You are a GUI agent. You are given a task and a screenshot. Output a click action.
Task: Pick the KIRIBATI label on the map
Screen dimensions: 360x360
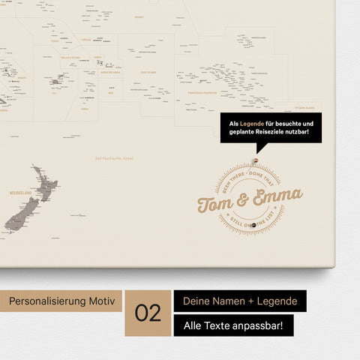pyautogui.click(x=139, y=16)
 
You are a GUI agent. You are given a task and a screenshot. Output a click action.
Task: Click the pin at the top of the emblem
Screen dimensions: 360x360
pyautogui.click(x=255, y=161)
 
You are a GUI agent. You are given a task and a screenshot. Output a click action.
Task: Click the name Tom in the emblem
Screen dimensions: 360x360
pyautogui.click(x=216, y=201)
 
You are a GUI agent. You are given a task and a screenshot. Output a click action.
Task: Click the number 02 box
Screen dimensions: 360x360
pyautogui.click(x=148, y=312)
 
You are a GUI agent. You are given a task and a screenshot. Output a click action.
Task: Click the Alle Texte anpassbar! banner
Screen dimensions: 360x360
pyautogui.click(x=233, y=325)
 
